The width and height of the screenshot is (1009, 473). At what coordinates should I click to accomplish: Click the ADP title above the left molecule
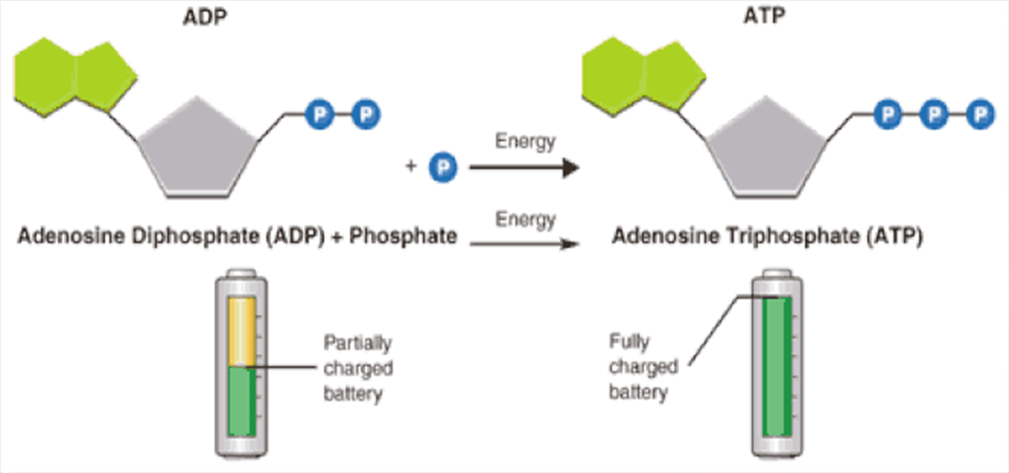205,17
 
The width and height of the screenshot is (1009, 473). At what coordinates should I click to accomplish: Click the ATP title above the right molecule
764,16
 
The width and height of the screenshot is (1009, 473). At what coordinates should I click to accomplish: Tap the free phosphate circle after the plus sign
443,168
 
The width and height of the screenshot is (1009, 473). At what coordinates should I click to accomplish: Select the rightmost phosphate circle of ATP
980,115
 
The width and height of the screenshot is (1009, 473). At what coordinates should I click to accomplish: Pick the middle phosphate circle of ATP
934,115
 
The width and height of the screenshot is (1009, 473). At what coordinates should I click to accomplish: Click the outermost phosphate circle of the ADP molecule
366,115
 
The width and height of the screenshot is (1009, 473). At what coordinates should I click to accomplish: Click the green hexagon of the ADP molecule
45,76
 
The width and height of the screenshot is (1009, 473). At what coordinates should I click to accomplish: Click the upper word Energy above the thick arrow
525,142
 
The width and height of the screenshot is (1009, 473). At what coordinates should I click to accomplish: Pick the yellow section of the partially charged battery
241,331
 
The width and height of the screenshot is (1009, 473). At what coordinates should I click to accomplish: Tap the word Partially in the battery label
357,343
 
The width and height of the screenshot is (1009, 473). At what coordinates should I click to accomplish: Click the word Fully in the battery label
629,342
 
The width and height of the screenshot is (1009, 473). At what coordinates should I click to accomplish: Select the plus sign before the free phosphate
411,166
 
